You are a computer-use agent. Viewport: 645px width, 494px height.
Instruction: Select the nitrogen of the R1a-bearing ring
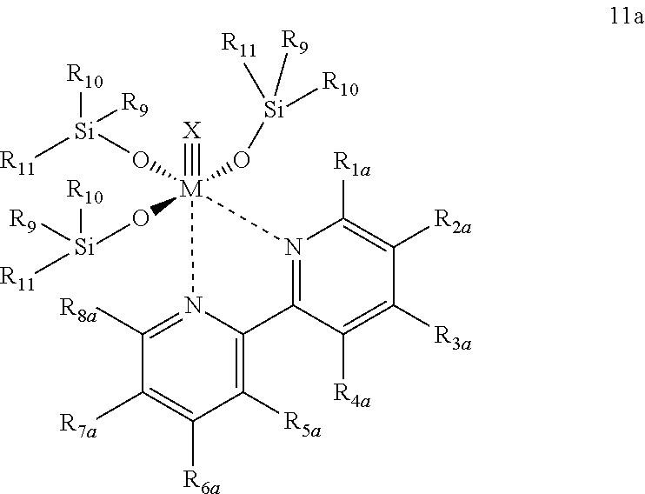pyautogui.click(x=295, y=248)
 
